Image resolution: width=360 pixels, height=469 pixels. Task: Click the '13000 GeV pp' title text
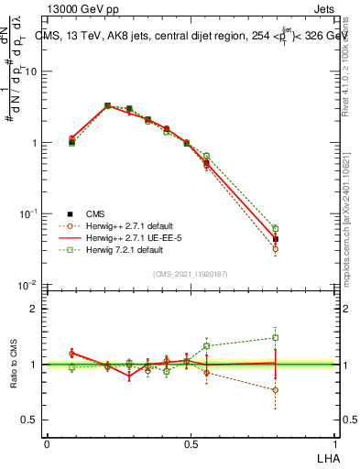pos(82,9)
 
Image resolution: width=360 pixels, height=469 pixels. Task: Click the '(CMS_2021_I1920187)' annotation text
pos(191,273)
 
